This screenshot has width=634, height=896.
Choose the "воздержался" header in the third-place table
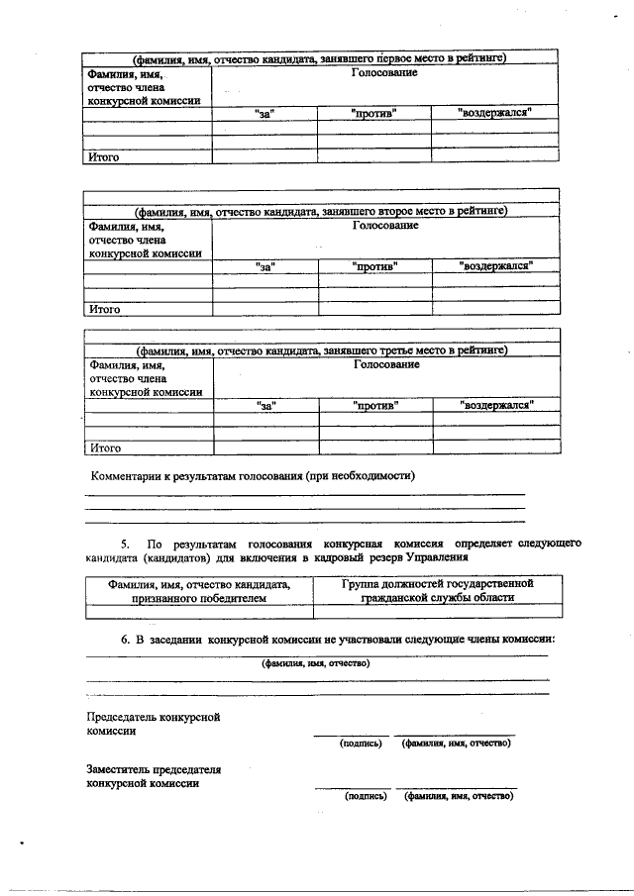[496, 405]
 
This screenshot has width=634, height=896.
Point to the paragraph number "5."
[126, 545]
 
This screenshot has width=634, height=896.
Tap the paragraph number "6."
[127, 640]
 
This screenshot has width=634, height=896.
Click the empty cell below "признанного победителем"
[197, 612]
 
